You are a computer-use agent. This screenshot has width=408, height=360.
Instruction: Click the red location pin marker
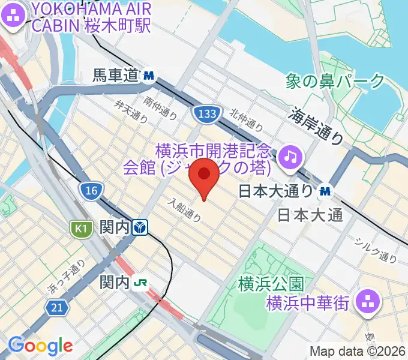(205, 175)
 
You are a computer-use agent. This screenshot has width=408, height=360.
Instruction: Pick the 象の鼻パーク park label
(335, 81)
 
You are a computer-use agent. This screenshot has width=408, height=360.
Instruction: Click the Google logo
(40, 345)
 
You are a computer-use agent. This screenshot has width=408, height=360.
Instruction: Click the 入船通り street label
(184, 211)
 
